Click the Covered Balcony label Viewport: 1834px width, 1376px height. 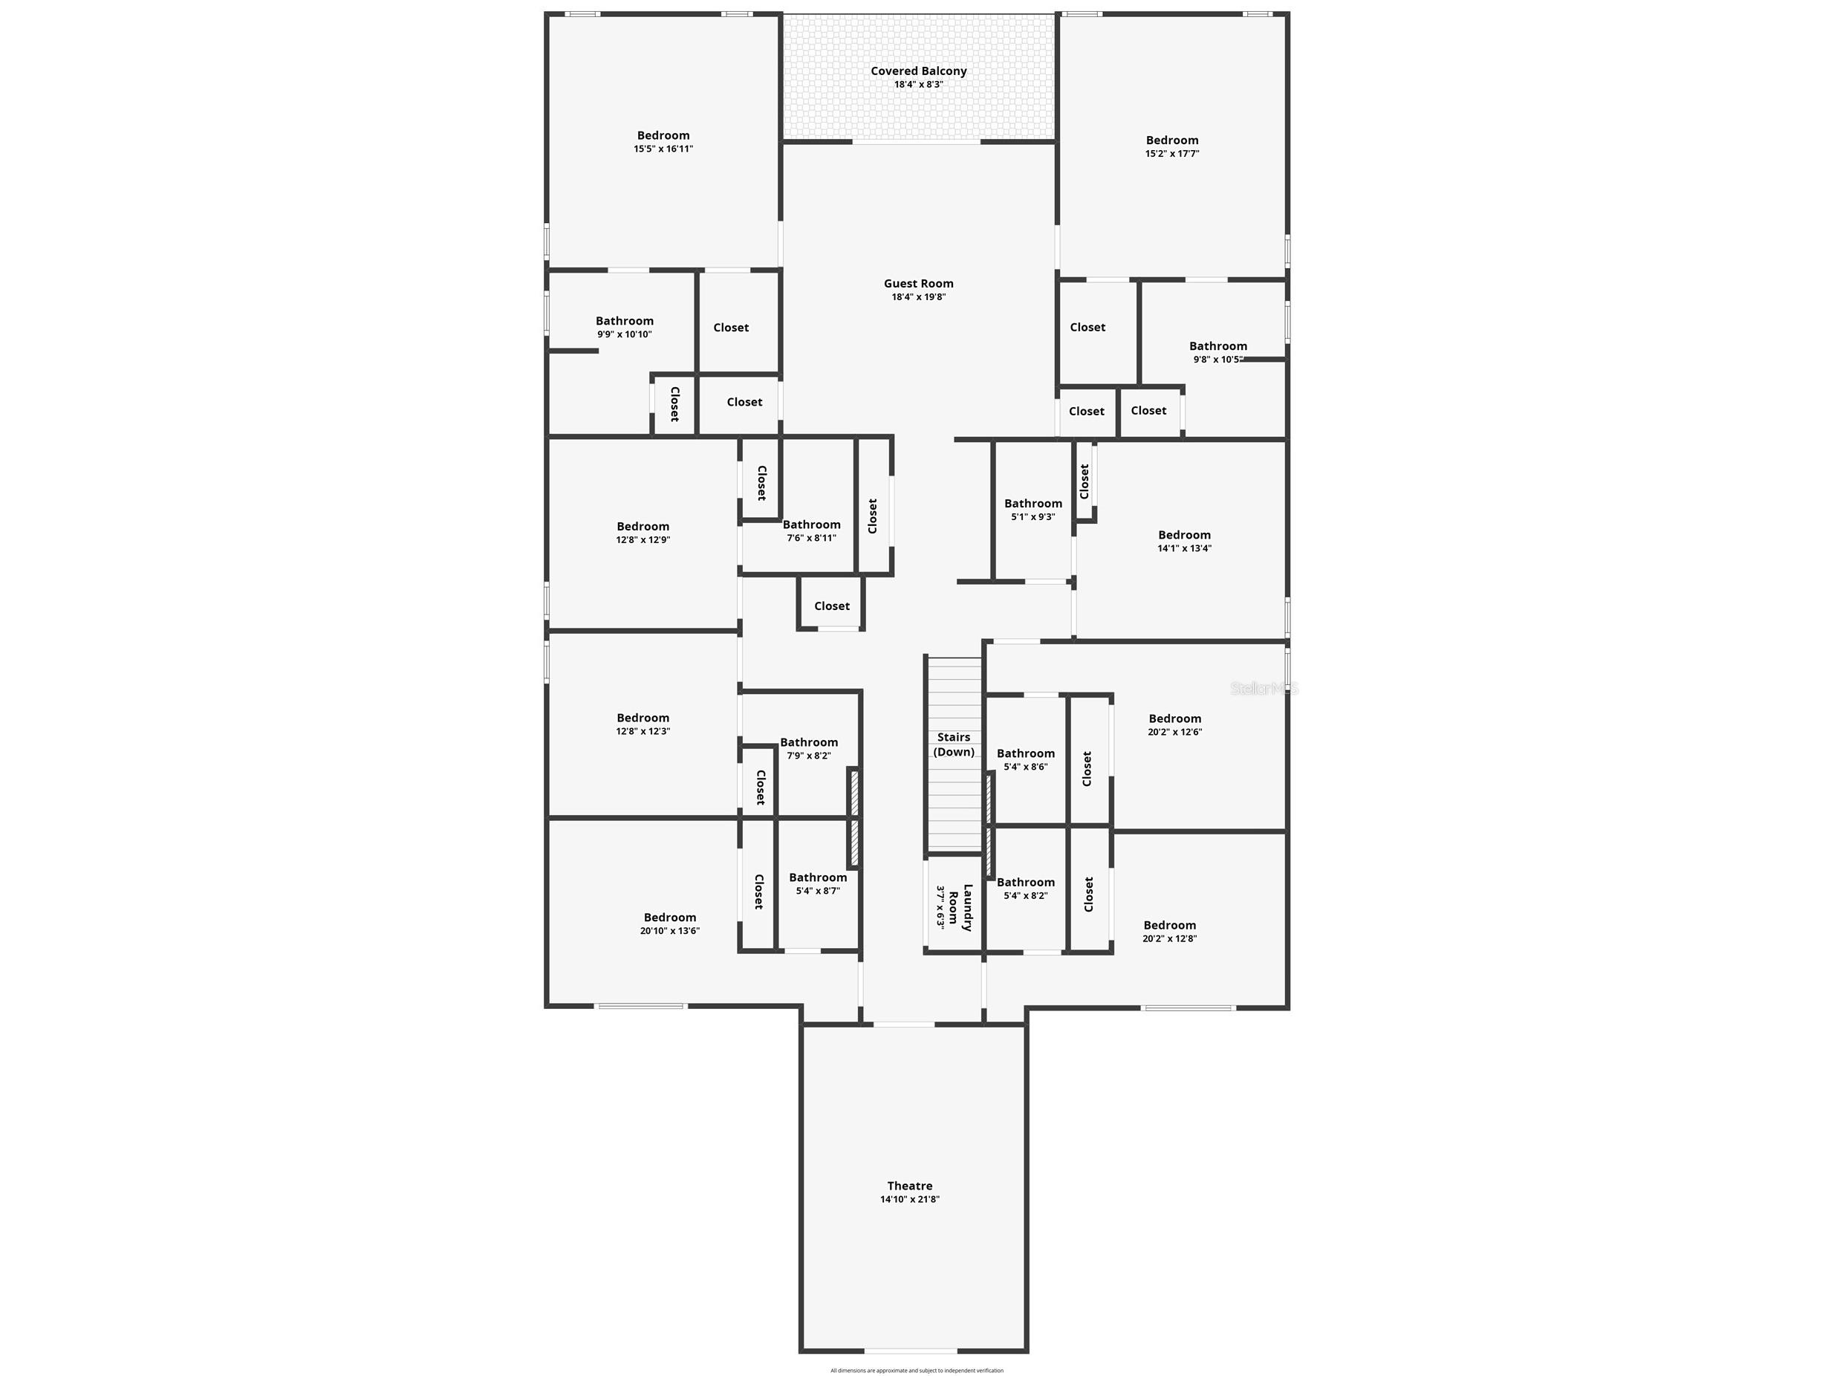coord(918,71)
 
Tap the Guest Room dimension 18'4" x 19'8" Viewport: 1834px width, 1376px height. coord(918,297)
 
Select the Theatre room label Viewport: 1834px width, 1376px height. coord(909,1186)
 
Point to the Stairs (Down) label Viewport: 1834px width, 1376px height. coord(954,744)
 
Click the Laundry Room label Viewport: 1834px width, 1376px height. coord(955,908)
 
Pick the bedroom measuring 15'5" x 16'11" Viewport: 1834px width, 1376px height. coord(663,142)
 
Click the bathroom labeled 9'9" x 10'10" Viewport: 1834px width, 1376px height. coord(624,328)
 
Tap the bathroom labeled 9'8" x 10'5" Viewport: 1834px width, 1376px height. coord(1217,352)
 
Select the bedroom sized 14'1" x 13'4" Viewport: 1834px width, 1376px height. coord(1184,541)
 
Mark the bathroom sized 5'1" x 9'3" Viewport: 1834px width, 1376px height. coord(1033,509)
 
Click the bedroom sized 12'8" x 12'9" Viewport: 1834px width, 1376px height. coord(643,533)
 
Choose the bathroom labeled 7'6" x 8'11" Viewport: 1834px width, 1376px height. coord(811,530)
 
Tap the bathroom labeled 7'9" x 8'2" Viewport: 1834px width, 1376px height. coord(808,749)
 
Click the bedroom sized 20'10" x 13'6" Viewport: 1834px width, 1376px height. coord(670,923)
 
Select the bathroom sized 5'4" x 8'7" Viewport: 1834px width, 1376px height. coord(818,883)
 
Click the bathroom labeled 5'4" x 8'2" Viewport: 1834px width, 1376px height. coord(1026,889)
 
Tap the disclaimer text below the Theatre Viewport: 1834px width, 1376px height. coord(916,1370)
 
